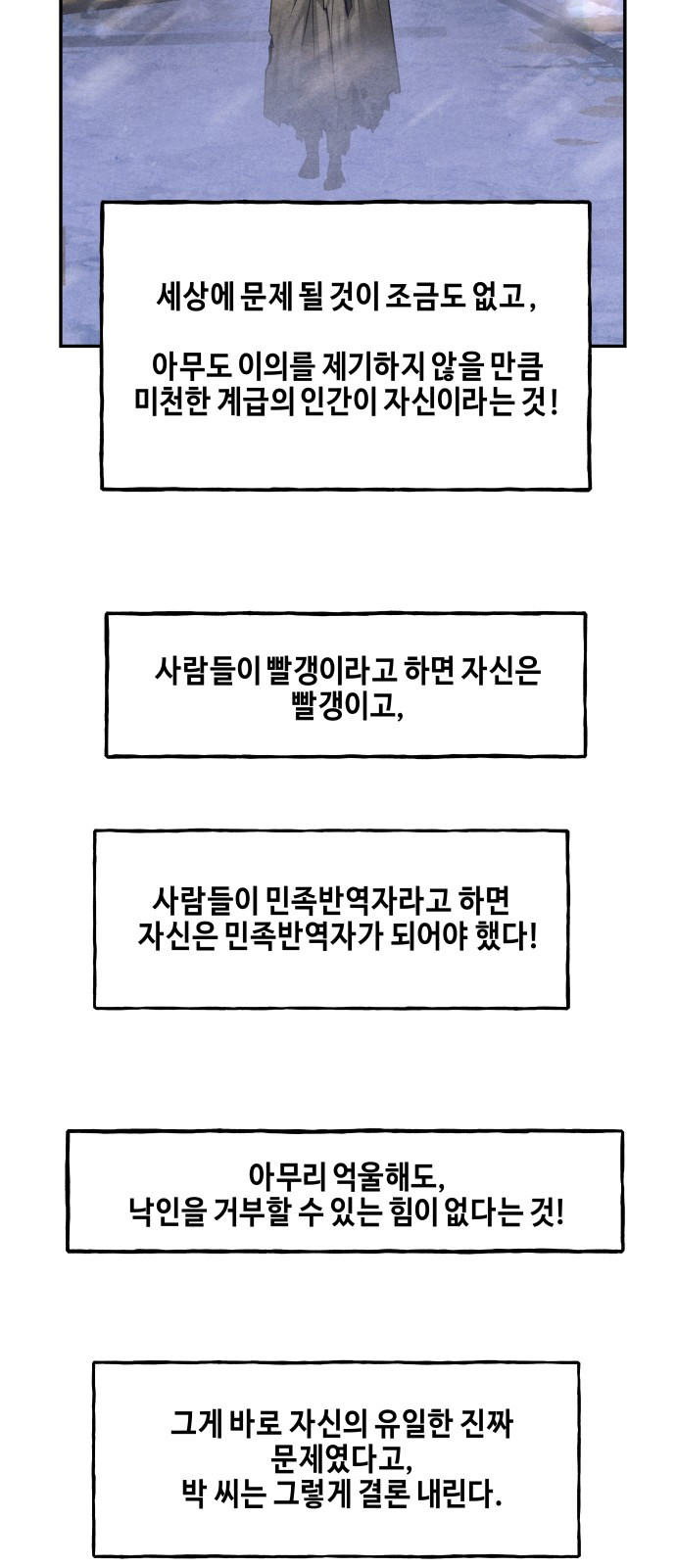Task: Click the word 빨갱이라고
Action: pyautogui.click(x=327, y=670)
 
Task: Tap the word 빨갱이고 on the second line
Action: pyautogui.click(x=345, y=705)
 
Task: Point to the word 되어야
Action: pyautogui.click(x=428, y=935)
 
